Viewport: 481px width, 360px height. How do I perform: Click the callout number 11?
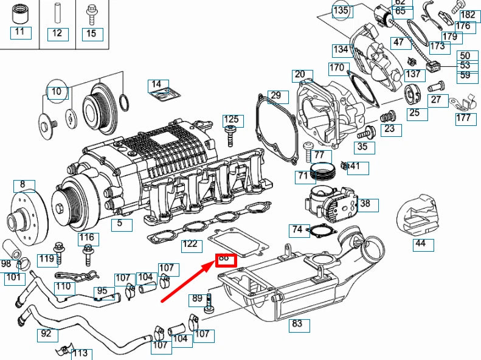click(x=21, y=32)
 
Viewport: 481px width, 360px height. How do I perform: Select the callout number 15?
click(x=91, y=33)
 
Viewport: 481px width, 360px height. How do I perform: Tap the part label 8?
click(x=23, y=184)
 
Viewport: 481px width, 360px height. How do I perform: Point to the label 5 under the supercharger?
click(x=120, y=224)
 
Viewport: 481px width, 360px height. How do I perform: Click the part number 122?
click(x=191, y=244)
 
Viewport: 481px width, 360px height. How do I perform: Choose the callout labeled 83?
click(x=297, y=324)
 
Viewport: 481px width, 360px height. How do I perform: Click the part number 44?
click(x=420, y=244)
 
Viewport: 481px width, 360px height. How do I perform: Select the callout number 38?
click(x=365, y=204)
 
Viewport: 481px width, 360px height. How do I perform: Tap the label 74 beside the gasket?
click(x=297, y=229)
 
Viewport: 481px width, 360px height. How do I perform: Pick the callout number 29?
click(x=275, y=95)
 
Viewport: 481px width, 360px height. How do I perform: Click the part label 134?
click(x=341, y=50)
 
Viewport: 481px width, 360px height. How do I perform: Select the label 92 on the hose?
click(x=46, y=333)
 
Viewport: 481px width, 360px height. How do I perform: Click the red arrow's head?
click(x=214, y=262)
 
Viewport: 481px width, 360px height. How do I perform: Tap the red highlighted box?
click(x=224, y=258)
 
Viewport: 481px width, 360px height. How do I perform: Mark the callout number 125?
click(x=231, y=119)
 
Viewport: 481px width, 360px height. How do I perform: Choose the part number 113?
click(x=80, y=353)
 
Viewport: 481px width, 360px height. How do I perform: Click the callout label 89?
click(x=197, y=299)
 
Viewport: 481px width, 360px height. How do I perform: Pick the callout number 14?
click(x=156, y=84)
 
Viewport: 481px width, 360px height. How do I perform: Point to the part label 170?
click(x=337, y=67)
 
